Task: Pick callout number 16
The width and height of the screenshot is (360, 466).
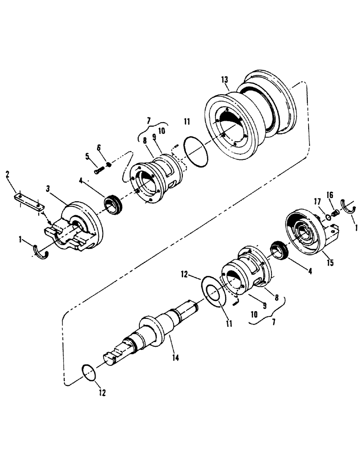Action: point(330,194)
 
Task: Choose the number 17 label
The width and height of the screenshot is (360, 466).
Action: point(317,202)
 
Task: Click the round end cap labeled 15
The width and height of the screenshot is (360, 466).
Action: point(305,235)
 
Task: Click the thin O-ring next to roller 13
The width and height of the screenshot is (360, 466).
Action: point(195,150)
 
